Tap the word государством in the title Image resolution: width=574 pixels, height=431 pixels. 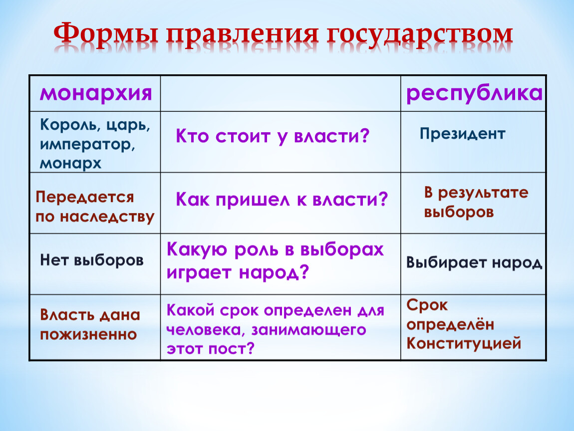click(419, 36)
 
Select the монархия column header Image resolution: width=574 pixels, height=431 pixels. click(96, 93)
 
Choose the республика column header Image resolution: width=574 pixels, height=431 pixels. click(475, 94)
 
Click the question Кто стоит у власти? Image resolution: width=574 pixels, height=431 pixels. click(273, 137)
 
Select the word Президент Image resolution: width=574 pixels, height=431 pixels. click(462, 134)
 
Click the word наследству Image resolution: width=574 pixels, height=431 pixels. click(107, 217)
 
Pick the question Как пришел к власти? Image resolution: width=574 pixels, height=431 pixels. click(282, 200)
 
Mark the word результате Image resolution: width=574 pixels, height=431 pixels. click(483, 193)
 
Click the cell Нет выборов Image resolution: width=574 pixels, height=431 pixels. click(91, 260)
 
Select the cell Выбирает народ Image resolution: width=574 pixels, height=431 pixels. click(475, 263)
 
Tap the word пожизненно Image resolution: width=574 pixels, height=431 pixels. click(88, 335)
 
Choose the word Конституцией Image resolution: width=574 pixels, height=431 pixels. click(464, 344)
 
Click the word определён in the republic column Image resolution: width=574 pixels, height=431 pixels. click(450, 325)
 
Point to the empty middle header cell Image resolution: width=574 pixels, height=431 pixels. click(281, 93)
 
